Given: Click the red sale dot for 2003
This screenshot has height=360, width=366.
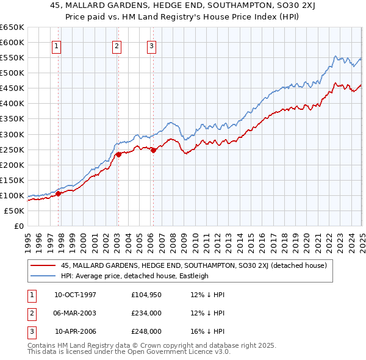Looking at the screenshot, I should [118, 154].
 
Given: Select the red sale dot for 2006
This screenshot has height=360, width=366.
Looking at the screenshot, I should [153, 150].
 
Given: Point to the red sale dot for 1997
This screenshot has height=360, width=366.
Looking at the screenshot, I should [59, 193].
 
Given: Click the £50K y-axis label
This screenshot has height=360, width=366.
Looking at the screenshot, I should [14, 211].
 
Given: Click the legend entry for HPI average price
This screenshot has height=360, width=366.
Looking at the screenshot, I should [134, 276].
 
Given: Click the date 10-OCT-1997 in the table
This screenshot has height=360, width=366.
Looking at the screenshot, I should [76, 295].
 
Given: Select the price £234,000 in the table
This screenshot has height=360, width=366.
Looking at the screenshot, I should [146, 313].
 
